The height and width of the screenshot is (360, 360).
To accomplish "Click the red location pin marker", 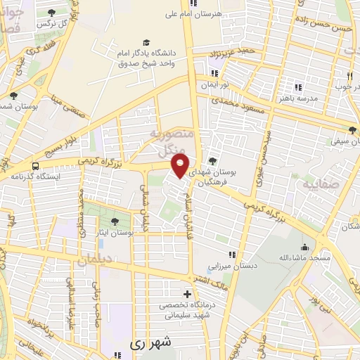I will [181, 166].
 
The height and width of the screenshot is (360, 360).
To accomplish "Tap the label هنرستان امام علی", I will [220, 13].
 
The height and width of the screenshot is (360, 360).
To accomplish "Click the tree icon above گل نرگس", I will [53, 12].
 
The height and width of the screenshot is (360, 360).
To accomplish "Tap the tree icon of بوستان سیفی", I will [352, 130].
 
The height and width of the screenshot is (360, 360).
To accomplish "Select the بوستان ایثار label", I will [114, 232].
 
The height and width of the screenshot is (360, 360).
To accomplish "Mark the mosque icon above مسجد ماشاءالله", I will [304, 247].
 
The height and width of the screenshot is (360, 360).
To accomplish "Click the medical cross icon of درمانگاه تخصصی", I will [186, 294].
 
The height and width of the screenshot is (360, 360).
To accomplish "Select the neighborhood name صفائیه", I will [320, 185].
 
